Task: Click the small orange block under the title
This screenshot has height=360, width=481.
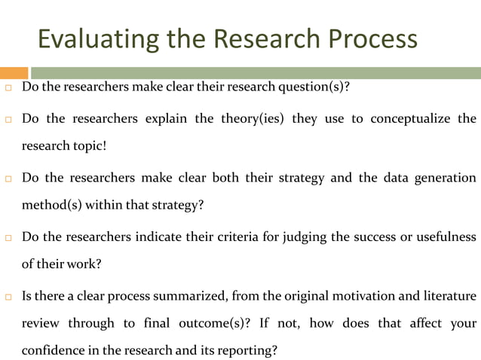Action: click(x=14, y=73)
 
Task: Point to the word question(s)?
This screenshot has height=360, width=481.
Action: click(x=315, y=87)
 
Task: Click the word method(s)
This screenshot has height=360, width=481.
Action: click(x=51, y=205)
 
